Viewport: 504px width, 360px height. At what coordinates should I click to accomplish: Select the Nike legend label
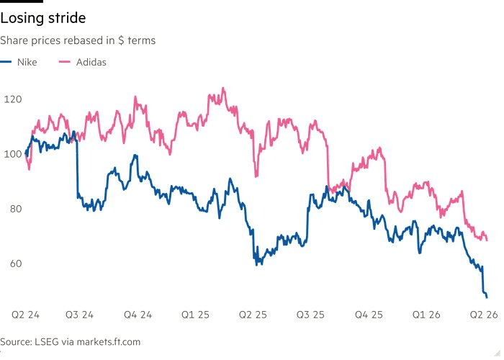click(x=27, y=62)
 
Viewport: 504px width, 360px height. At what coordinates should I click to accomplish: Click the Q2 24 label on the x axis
click(x=26, y=315)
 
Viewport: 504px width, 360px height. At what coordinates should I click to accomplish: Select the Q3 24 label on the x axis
click(x=79, y=315)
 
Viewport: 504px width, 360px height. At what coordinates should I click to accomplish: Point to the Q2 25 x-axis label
click(x=253, y=315)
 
